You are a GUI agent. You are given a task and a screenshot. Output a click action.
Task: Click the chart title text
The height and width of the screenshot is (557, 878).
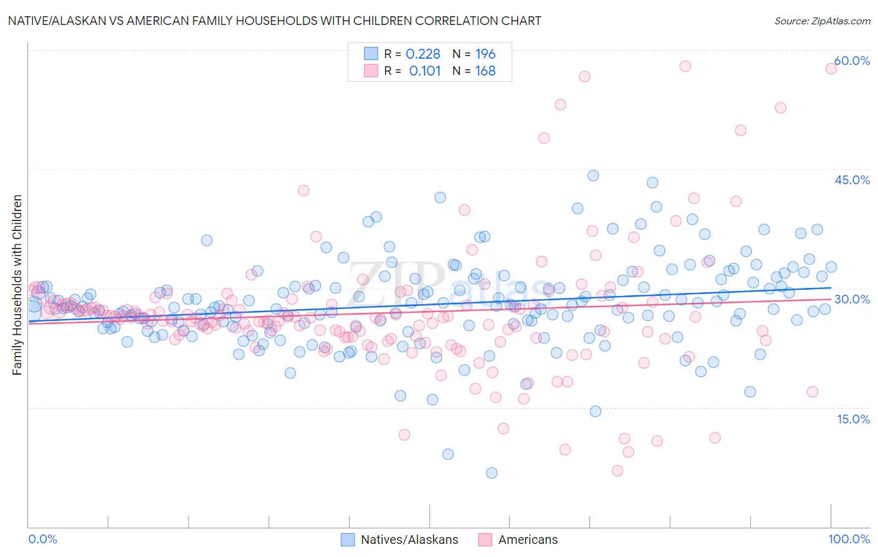pos(275,21)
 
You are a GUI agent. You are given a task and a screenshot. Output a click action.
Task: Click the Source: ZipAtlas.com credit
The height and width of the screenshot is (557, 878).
pos(822,21)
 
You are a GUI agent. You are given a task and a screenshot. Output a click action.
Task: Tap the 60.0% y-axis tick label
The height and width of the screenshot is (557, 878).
pos(852,61)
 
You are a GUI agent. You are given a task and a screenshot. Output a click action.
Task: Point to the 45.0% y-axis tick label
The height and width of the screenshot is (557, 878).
pos(852,180)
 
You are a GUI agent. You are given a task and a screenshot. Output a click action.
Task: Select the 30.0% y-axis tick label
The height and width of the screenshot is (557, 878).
pos(852,299)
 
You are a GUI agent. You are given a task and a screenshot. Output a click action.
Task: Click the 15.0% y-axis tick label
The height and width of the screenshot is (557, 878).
pos(853,418)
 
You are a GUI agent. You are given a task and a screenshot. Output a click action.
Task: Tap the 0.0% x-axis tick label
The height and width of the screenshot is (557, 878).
pos(43,539)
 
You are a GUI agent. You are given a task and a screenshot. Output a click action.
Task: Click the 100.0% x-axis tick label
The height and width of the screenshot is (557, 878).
pos(849,539)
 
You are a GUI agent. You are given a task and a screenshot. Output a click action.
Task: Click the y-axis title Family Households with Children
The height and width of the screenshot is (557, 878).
pos(17,285)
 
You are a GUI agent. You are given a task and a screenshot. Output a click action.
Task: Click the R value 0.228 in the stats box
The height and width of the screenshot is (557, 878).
pos(423,54)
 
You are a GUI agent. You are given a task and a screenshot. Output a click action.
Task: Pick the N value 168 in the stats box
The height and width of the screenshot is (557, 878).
pos(485,71)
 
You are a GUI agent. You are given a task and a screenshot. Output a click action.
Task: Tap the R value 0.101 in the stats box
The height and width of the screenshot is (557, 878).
pos(425,71)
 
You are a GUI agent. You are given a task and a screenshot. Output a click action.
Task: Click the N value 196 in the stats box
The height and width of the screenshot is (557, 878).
pos(485,54)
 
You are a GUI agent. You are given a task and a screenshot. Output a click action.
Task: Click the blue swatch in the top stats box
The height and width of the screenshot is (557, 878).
pos(371,54)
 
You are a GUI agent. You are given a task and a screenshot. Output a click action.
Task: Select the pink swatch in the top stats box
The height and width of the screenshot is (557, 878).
pos(371,71)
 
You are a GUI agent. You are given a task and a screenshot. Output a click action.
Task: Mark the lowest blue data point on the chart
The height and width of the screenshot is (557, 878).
pos(491,473)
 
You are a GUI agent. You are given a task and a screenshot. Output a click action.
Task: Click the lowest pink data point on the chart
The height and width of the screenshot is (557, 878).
pos(618,470)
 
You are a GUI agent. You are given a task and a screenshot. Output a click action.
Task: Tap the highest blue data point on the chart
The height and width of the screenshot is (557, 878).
pos(593,175)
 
